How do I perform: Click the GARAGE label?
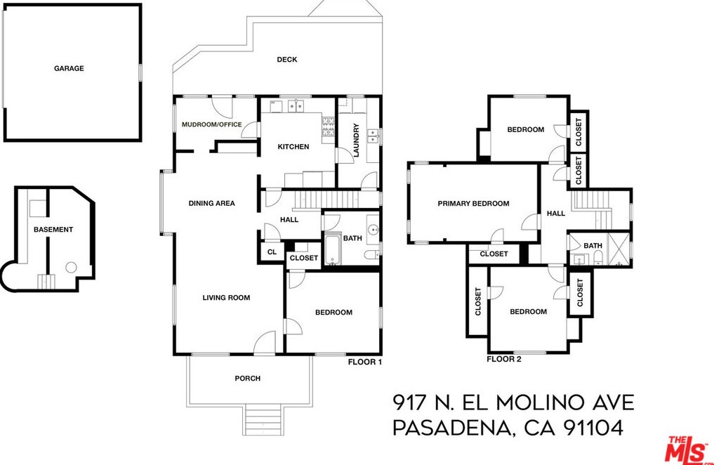coord(69,69)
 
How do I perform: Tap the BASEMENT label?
coord(53,230)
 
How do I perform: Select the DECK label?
coord(286,60)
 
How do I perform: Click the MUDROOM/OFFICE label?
coord(211,125)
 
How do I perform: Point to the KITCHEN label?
coord(293,147)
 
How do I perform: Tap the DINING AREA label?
coord(211,204)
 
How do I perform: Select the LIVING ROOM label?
coord(226,298)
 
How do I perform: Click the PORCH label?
coord(247,379)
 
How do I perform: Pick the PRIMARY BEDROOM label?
coord(473,204)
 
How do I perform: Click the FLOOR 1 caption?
coord(365,362)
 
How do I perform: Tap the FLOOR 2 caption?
coord(504,359)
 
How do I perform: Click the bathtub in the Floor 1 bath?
coord(332,250)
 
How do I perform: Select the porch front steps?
coord(263,421)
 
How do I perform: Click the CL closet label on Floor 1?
coord(272,252)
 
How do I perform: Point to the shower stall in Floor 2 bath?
coord(619,249)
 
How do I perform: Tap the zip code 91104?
coord(595,427)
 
